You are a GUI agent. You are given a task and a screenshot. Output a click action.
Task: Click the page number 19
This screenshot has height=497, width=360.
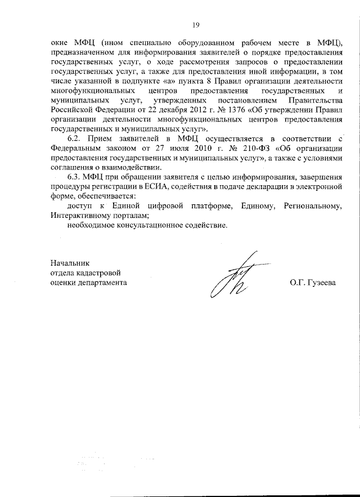pyautogui.click(x=196, y=24)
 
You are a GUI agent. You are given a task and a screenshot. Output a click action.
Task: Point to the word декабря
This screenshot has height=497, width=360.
pyautogui.click(x=138, y=109)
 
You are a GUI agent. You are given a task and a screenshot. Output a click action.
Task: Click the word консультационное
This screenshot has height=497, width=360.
pyautogui.click(x=144, y=226)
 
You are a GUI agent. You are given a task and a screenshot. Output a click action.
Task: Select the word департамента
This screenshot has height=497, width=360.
pyautogui.click(x=103, y=283)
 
